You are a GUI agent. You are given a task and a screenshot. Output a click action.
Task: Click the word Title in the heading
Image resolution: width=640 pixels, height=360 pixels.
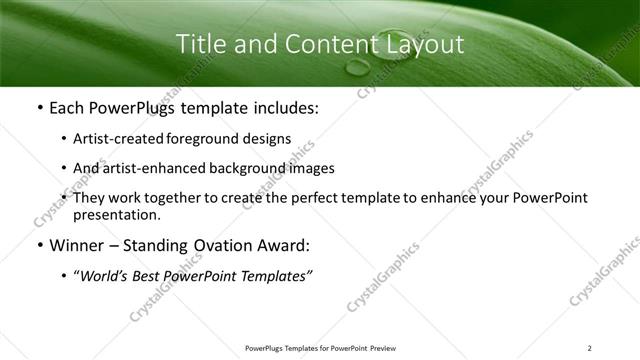tap(198, 45)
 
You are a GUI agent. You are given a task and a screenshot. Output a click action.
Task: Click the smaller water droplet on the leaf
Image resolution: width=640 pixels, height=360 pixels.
tap(357, 68)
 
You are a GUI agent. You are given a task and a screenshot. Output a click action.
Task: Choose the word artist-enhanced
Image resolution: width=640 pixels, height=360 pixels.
tap(145, 168)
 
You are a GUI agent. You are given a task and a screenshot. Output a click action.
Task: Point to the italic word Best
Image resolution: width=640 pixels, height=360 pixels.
tap(150, 276)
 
